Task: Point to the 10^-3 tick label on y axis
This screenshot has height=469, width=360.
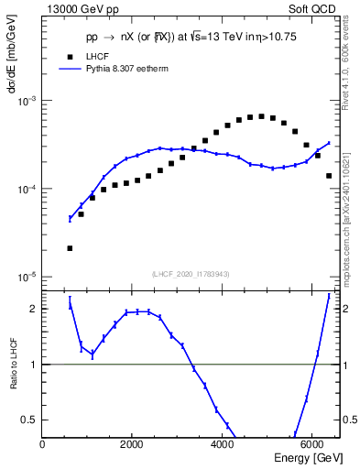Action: click(28, 101)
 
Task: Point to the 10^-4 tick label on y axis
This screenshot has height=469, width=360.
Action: click(28, 189)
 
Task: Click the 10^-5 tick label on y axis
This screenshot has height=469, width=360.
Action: click(28, 277)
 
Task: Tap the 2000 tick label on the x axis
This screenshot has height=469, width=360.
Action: click(132, 445)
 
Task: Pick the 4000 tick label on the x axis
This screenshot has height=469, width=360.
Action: click(222, 445)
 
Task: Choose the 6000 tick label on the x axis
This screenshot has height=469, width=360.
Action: click(311, 445)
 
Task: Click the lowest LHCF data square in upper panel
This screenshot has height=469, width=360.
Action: click(70, 248)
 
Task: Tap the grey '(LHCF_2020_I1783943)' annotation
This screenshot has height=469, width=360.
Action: click(191, 274)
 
